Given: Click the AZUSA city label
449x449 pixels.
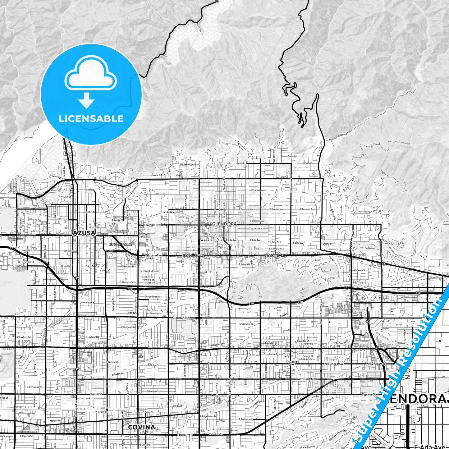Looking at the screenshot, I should [84, 233].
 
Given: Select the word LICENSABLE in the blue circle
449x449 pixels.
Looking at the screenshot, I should [91, 119].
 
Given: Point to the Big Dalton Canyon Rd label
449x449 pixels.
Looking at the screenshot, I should [339, 136].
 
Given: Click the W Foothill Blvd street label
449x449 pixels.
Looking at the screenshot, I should [150, 225].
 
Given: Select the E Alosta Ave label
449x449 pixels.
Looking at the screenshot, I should [153, 255].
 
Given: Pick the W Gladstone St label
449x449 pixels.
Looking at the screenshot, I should [179, 318].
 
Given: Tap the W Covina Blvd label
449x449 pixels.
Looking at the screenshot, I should [306, 379].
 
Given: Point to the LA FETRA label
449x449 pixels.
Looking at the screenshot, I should [168, 212].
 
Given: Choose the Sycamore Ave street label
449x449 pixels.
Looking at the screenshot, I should [257, 228].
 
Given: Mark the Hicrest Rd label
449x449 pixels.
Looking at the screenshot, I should [156, 175].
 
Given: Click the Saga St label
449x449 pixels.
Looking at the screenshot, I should [292, 156].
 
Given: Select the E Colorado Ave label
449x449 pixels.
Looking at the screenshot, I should [247, 264].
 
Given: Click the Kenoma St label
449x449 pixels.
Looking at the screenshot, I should [360, 270].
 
